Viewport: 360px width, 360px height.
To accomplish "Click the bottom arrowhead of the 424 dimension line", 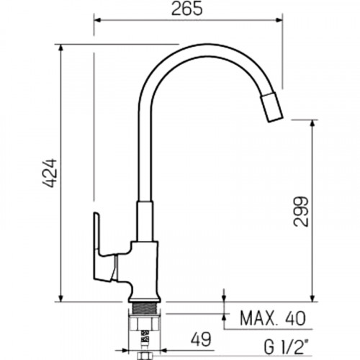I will point(61,297).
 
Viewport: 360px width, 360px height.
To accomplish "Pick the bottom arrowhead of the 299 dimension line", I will point(312,297).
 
